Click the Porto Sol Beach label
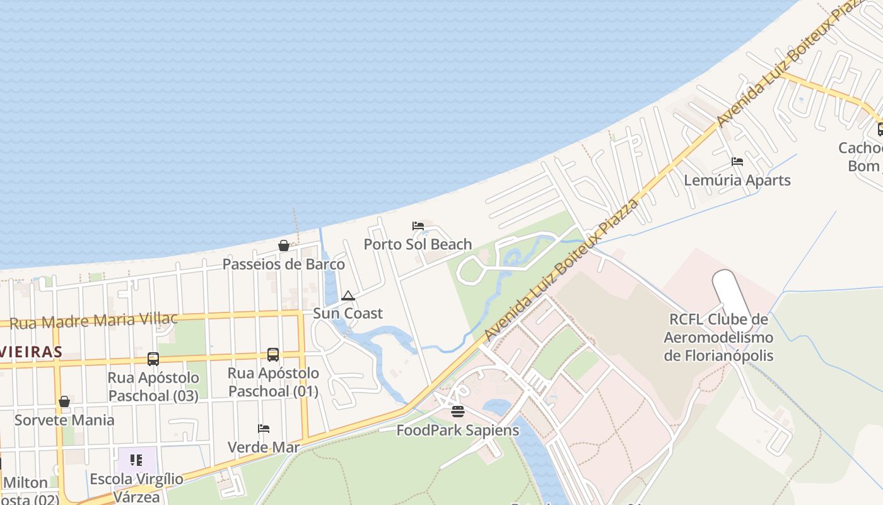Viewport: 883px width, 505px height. [x=418, y=244]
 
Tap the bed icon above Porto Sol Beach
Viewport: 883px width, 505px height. [x=418, y=226]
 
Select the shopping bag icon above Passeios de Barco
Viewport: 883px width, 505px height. [x=284, y=246]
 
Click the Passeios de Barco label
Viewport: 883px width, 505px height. [x=284, y=264]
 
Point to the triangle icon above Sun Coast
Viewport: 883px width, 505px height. [x=348, y=295]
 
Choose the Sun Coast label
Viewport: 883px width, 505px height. [x=348, y=313]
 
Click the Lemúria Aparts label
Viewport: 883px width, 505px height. [x=737, y=181]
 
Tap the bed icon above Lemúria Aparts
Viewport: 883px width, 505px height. [x=737, y=162]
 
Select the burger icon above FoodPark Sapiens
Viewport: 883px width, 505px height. [x=458, y=412]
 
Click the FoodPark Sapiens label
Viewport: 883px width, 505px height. [x=458, y=431]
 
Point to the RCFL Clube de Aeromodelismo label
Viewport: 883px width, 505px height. [x=718, y=337]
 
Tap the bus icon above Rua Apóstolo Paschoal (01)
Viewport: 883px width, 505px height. [x=273, y=355]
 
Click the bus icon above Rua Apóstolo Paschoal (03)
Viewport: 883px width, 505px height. [x=153, y=359]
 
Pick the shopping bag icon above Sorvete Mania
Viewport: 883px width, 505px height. [x=64, y=401]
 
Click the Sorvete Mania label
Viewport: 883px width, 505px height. [x=64, y=420]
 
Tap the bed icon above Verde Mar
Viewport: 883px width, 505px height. [x=264, y=429]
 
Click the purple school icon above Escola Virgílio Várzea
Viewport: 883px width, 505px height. [x=136, y=460]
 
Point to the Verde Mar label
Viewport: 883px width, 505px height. [x=264, y=448]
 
